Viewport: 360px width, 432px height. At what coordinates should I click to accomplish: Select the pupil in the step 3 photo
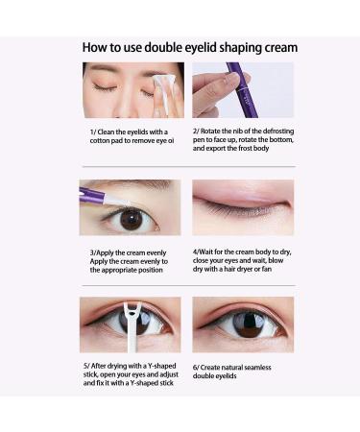pos(131,219)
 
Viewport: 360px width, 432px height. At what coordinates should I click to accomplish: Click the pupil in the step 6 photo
pos(245,324)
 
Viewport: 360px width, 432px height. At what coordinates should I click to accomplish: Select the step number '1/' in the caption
pos(94,132)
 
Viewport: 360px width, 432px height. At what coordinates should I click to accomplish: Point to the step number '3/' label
pos(94,253)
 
